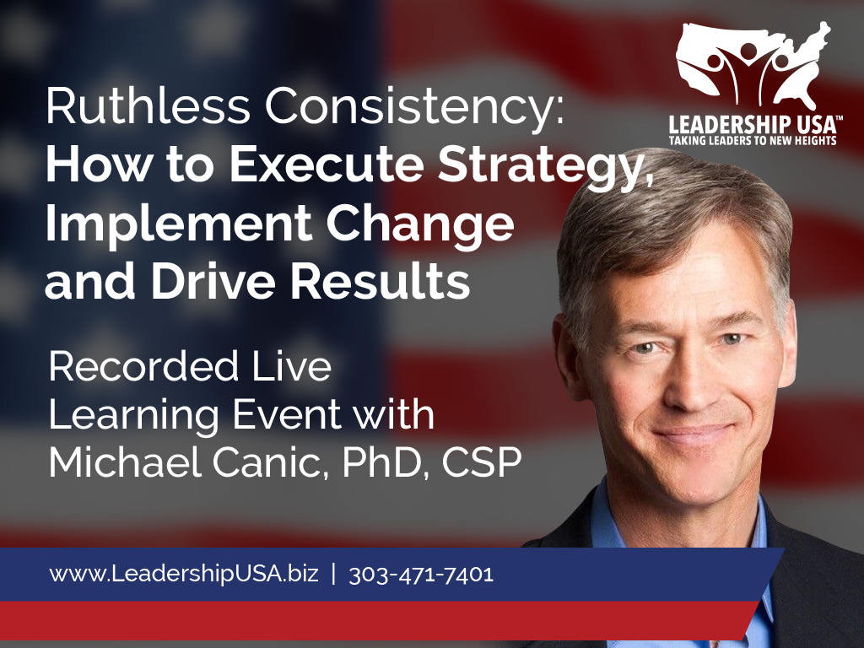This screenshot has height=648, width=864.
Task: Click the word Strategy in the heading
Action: click(x=546, y=168)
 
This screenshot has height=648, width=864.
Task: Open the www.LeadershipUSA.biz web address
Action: click(x=184, y=574)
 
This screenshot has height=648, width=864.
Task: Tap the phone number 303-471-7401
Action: click(x=421, y=574)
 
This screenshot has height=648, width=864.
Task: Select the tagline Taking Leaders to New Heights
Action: click(x=753, y=140)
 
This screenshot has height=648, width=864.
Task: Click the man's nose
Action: click(x=690, y=386)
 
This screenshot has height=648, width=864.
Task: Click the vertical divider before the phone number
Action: click(x=334, y=574)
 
